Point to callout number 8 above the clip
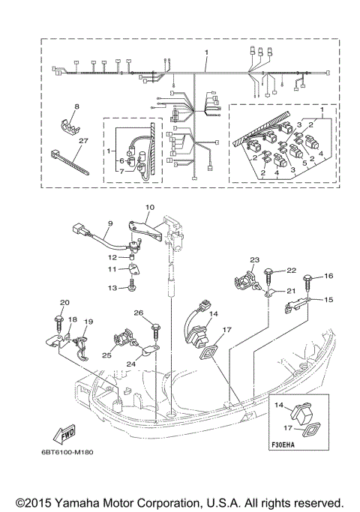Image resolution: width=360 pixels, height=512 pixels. [76, 108]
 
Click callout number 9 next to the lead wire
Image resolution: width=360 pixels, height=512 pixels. [109, 223]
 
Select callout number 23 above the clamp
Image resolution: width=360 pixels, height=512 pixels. [253, 260]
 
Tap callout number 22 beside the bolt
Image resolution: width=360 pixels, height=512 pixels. [291, 270]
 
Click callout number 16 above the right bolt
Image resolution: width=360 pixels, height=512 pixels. [328, 277]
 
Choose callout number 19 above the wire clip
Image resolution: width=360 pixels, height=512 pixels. [88, 322]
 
